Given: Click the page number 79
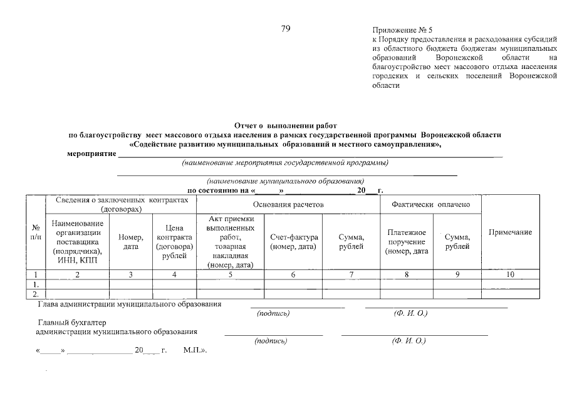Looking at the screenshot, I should [286, 29].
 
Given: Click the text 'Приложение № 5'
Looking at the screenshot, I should [403, 30].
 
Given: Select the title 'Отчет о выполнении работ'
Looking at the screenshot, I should [285, 126].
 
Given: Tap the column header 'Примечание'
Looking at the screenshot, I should [510, 232].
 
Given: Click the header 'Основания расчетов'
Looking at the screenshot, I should [288, 204].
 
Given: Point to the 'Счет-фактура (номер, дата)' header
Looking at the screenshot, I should [294, 242].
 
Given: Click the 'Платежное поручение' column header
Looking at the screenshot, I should [407, 242].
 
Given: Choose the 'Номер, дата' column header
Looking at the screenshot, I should [131, 242].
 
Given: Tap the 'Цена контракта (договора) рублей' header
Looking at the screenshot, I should [174, 242].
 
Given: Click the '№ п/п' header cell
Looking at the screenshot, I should [35, 232].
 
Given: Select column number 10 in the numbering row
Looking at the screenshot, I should [510, 274].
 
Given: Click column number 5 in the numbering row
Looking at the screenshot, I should [230, 274].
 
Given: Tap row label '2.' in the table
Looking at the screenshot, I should [35, 293].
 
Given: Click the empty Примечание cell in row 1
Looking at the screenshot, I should [510, 284].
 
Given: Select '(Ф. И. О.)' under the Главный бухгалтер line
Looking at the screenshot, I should [408, 341].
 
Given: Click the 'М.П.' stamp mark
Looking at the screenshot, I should [195, 351].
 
